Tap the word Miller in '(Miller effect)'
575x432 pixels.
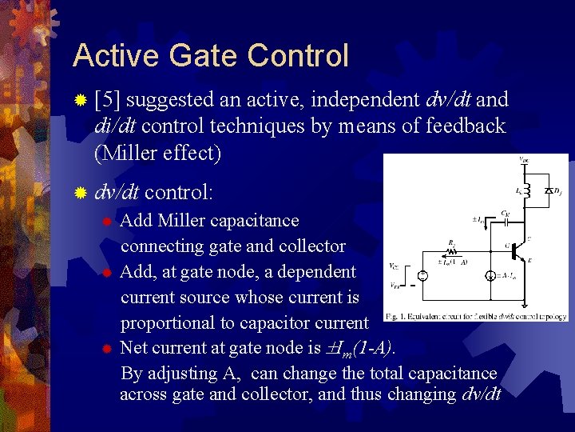(x=132, y=152)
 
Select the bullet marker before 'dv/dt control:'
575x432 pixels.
(x=79, y=193)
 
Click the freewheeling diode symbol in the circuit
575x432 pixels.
(x=549, y=191)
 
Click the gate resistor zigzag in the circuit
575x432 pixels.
(x=454, y=250)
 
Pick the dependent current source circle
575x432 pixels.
(x=489, y=275)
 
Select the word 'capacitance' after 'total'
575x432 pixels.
(x=452, y=374)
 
